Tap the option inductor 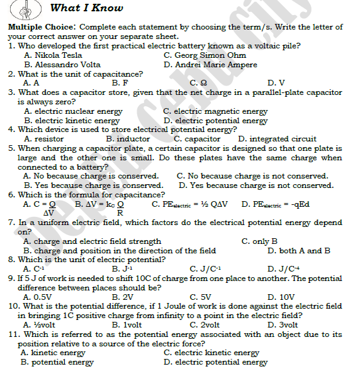pyautogui.click(x=133, y=139)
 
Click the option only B pyautogui.click(x=264, y=241)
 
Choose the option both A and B pyautogui.click(x=304, y=250)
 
